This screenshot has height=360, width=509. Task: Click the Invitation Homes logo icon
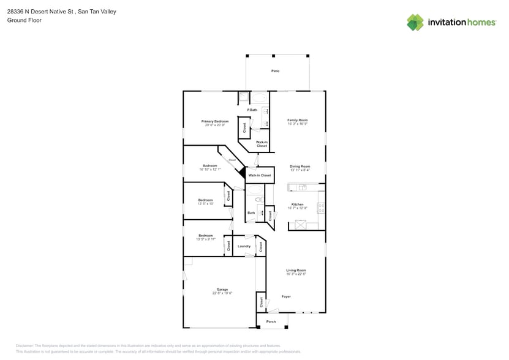(415, 22)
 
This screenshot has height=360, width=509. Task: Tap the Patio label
(276, 71)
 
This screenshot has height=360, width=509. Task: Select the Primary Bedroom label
(215, 121)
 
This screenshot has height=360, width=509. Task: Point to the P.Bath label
(252, 110)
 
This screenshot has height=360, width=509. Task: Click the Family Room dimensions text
(298, 124)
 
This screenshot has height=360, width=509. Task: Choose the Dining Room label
(300, 167)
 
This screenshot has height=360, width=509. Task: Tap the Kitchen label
(297, 204)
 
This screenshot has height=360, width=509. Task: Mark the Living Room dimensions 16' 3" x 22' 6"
(296, 274)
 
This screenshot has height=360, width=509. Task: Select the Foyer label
(286, 296)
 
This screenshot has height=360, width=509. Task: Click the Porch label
(271, 321)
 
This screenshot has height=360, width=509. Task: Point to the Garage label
(222, 289)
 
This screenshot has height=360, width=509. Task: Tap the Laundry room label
(244, 246)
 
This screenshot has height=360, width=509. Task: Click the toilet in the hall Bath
(259, 200)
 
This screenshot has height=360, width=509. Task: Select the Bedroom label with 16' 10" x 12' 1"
(210, 165)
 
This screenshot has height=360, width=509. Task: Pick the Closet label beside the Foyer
(262, 302)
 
